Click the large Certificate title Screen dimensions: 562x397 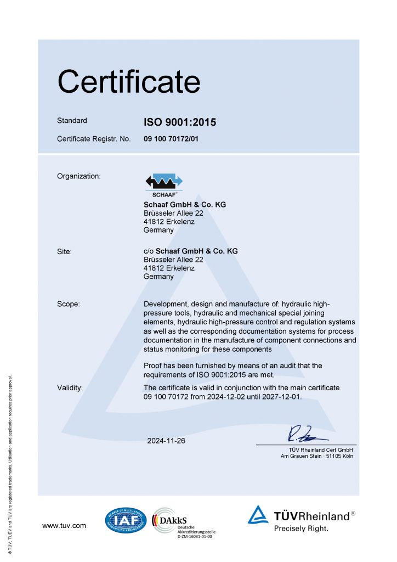point(129,81)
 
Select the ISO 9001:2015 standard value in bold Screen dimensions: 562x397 point(180,122)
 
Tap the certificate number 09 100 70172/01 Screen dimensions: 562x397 point(171,139)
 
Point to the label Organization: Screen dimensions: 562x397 point(79,176)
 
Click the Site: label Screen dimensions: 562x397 point(65,251)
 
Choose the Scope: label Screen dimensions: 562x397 point(69,304)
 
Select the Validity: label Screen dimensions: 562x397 point(70,388)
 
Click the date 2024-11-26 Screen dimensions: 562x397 point(166,441)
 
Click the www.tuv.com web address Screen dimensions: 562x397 point(64,526)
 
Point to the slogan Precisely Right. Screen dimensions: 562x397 point(301,529)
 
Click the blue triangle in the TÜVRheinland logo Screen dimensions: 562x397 point(258,515)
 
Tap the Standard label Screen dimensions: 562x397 point(72,121)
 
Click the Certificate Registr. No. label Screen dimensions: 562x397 point(94,139)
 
